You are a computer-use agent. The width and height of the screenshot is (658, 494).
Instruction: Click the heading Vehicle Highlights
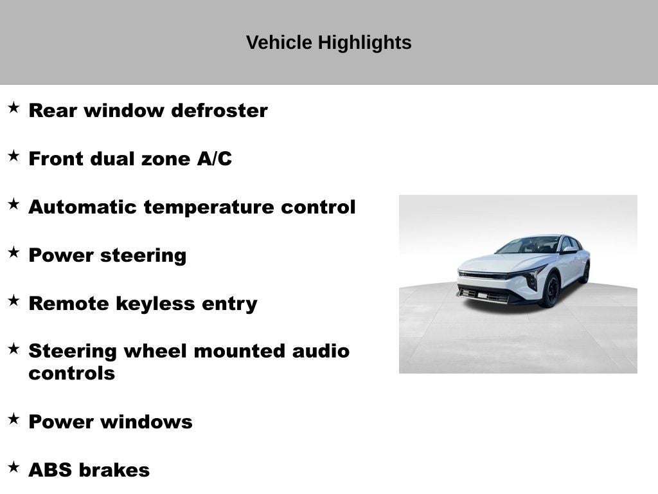(x=328, y=42)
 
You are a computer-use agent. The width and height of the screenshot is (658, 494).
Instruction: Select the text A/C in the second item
(x=214, y=159)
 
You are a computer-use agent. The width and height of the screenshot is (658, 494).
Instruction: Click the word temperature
(x=209, y=207)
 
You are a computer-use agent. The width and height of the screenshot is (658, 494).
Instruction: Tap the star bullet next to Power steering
(x=13, y=252)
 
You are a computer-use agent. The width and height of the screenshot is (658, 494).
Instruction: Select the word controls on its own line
(x=71, y=374)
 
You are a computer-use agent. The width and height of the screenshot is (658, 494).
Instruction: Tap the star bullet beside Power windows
(x=13, y=419)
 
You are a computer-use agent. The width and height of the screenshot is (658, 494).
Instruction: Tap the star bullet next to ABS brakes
(x=13, y=467)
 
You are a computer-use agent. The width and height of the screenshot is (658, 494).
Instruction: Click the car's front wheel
(x=550, y=291)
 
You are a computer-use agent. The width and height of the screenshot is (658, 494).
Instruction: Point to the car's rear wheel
(x=584, y=273)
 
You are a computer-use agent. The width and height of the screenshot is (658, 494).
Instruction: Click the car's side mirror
(x=568, y=250)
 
